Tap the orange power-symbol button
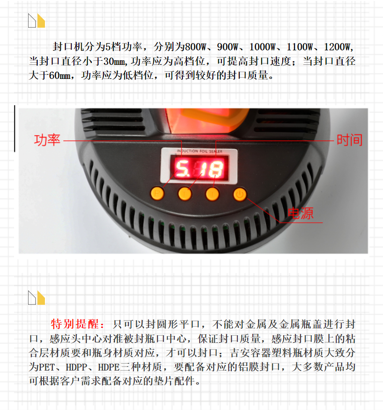[240, 194]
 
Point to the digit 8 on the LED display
[216, 169]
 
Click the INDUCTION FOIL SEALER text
[199, 151]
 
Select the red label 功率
[47, 140]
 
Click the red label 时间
[349, 140]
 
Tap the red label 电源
[300, 213]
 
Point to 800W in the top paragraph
[196, 47]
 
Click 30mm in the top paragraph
[115, 61]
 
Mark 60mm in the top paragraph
[60, 76]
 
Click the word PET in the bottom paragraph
[47, 367]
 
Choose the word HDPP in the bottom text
[76, 367]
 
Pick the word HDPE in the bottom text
[108, 367]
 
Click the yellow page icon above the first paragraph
[41, 21]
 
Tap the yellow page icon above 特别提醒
[41, 298]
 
